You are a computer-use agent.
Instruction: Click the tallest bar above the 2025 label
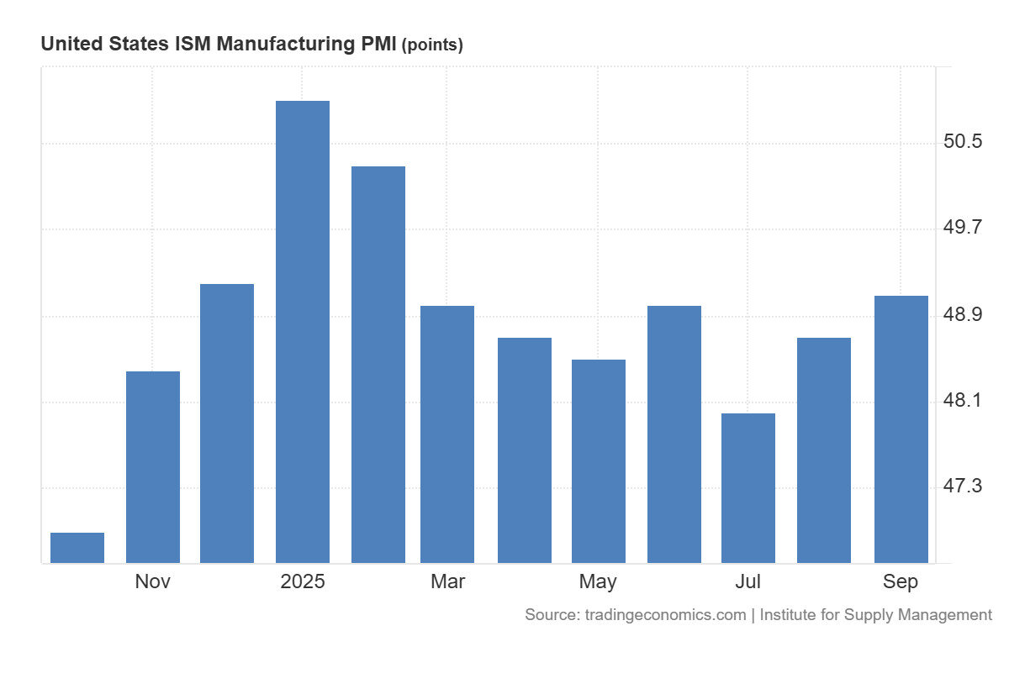[303, 332]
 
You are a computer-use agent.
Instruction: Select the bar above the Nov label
[153, 466]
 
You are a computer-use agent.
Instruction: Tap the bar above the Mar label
[447, 434]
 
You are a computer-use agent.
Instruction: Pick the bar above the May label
[599, 460]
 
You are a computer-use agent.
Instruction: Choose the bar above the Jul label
[748, 487]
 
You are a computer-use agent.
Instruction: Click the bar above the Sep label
[901, 429]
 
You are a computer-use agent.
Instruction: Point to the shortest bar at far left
[77, 547]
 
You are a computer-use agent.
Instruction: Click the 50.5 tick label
[963, 141]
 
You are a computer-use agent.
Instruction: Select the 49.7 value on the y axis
[963, 228]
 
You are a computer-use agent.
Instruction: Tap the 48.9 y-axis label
[963, 314]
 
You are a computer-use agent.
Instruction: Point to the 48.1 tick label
[963, 401]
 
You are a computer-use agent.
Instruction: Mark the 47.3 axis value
[963, 487]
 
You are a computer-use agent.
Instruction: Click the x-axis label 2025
[303, 581]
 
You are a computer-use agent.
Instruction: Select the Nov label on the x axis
[153, 581]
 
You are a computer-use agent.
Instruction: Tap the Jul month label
[748, 581]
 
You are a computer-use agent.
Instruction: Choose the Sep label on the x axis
[901, 581]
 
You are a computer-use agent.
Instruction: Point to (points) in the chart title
[431, 45]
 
